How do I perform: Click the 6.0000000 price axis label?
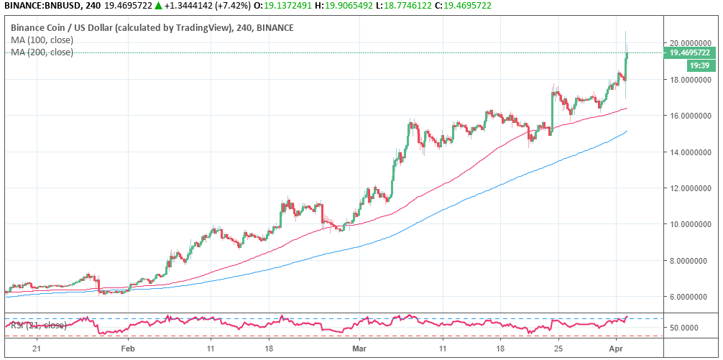pos(685,296)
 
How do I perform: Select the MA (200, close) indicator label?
pos(41,52)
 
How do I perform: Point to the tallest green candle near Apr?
pos(626,65)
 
